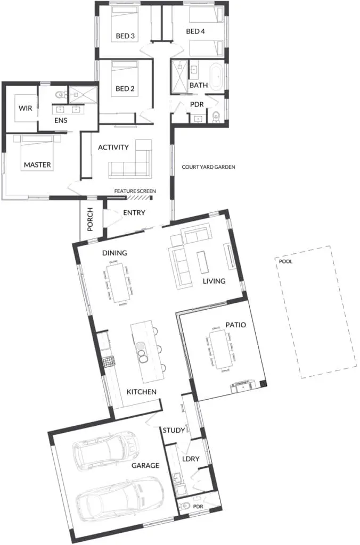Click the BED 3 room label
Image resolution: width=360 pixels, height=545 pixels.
[125, 36]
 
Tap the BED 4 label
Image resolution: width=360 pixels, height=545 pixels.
[195, 31]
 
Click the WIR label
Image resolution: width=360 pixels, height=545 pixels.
[26, 108]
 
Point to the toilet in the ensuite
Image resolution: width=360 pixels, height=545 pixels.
[60, 94]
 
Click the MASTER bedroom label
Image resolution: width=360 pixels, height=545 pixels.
[37, 165]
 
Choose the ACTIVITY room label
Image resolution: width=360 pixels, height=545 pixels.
[113, 147]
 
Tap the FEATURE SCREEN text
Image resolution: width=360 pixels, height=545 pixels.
[135, 191]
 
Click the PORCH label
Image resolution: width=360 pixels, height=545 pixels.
[90, 219]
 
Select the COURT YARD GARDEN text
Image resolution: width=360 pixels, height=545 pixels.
[208, 167]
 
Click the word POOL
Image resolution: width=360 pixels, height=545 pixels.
[285, 261]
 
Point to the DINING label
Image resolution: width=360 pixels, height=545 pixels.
[114, 253]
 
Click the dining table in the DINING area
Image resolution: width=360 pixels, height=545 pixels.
[117, 283]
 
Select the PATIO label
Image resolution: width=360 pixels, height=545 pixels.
[236, 325]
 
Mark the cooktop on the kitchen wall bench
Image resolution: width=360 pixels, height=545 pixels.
[109, 362]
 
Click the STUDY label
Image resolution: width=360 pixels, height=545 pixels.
[174, 430]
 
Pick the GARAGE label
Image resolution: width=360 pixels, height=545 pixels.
[145, 465]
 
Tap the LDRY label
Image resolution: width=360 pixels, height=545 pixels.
[191, 459]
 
